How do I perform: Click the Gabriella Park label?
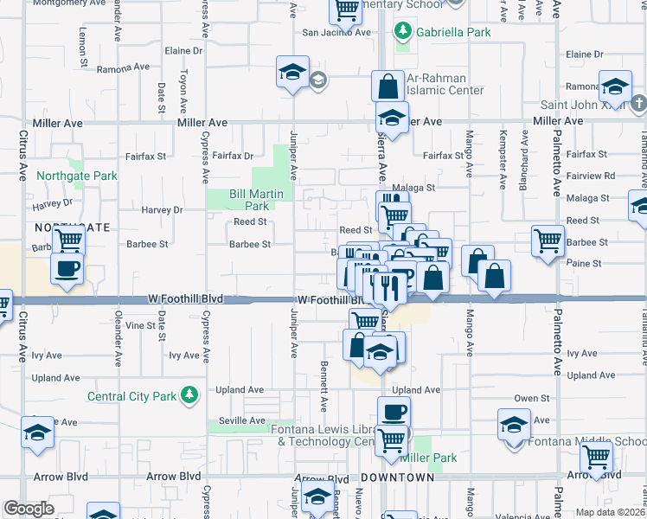click(452, 32)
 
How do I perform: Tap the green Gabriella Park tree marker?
click(402, 32)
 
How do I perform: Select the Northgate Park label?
click(77, 176)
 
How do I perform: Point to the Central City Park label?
click(131, 396)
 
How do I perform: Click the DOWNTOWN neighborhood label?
click(397, 477)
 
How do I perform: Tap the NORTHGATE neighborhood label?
click(60, 227)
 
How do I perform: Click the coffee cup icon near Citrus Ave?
click(67, 266)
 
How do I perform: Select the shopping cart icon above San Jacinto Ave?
click(346, 10)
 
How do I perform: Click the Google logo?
click(29, 509)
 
